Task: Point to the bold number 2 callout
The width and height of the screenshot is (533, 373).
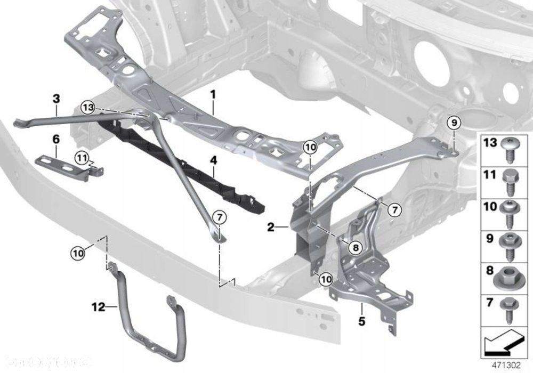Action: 271,228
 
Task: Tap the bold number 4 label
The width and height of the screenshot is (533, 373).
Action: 213,159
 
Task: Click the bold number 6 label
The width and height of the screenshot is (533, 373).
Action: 55,140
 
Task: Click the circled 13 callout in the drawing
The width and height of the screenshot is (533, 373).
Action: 88,108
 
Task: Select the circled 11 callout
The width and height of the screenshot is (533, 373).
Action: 80,157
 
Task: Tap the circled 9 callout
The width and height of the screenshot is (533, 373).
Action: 453,123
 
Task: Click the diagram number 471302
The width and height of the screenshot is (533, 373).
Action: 506,366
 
